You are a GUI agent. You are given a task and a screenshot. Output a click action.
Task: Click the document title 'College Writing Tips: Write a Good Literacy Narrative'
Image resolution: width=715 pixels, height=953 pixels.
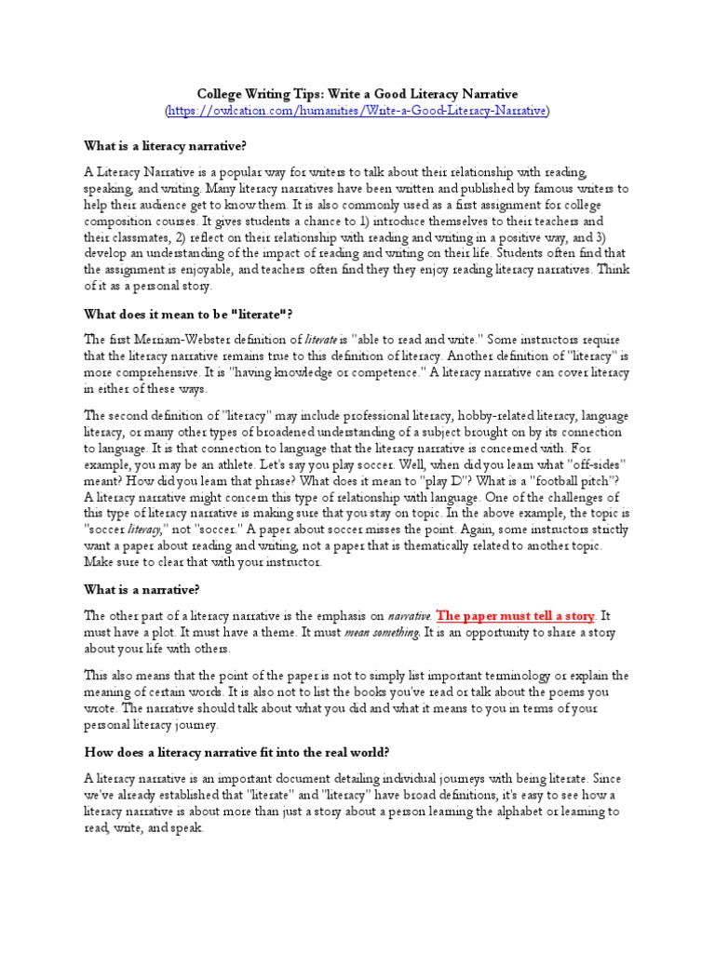[x=357, y=94]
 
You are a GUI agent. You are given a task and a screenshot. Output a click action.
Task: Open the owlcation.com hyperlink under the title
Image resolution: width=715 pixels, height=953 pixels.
[x=357, y=111]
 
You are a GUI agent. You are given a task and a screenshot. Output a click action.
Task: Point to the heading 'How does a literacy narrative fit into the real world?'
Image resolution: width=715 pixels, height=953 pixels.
[x=237, y=751]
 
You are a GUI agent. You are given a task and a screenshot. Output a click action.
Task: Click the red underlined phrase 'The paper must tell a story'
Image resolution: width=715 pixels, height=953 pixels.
[x=515, y=616]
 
